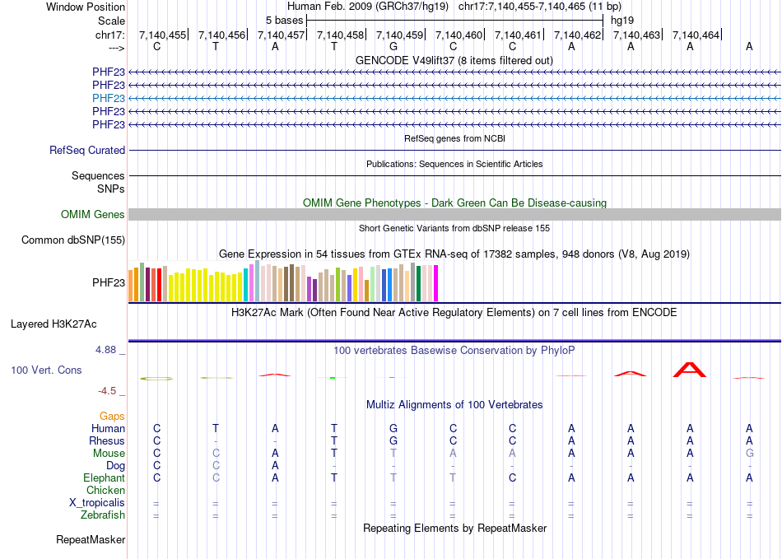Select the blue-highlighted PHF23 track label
pyautogui.click(x=109, y=98)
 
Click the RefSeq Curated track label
pyautogui.click(x=87, y=151)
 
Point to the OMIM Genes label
pyautogui.click(x=93, y=215)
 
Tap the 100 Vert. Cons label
pyautogui.click(x=46, y=370)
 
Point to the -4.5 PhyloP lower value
pyautogui.click(x=109, y=391)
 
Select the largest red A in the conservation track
pyautogui.click(x=690, y=369)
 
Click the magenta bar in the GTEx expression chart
pyautogui.click(x=435, y=283)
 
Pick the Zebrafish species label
pyautogui.click(x=103, y=515)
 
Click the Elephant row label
pyautogui.click(x=104, y=478)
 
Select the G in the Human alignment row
pyautogui.click(x=393, y=428)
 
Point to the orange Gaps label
pyautogui.click(x=112, y=417)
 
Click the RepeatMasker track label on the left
pyautogui.click(x=91, y=540)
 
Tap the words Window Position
pyautogui.click(x=86, y=7)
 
